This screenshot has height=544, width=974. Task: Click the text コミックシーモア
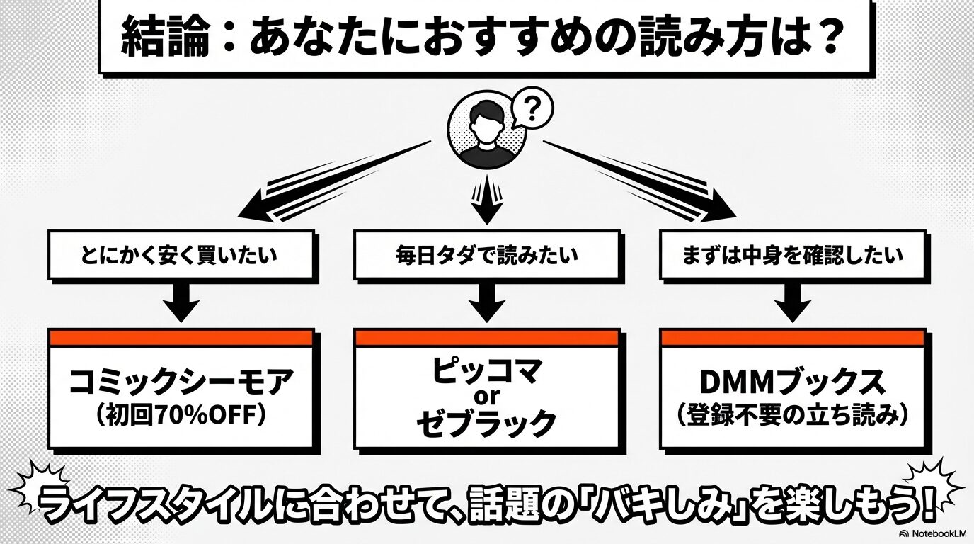tap(180, 383)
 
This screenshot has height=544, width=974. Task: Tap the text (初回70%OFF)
tap(180, 415)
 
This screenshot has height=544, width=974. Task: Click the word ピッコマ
tap(486, 371)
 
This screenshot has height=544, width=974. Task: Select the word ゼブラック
tap(486, 423)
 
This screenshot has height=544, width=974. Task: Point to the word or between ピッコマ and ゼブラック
tap(486, 397)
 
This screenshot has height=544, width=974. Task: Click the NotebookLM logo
tap(934, 533)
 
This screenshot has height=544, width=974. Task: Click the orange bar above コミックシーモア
tap(180, 338)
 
